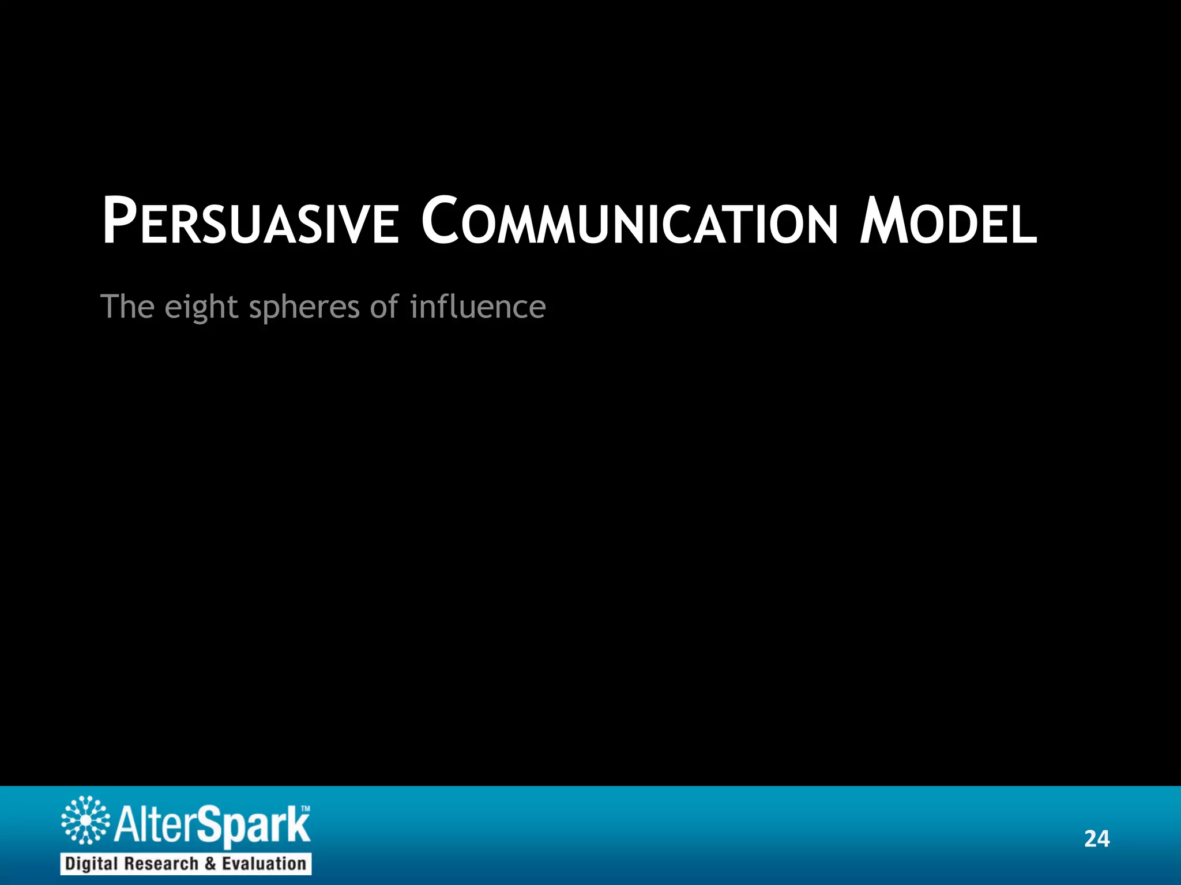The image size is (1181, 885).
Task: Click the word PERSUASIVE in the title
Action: [250, 222]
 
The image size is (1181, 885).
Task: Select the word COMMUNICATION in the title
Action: [629, 222]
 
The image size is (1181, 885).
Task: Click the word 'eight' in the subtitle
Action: [201, 307]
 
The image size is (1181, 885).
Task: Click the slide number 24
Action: [1096, 839]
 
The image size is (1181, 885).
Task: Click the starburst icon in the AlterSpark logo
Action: [85, 820]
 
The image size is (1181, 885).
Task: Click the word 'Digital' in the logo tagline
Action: [92, 864]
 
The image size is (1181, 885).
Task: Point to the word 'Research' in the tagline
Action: [161, 864]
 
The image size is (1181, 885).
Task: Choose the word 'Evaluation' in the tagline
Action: [264, 864]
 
